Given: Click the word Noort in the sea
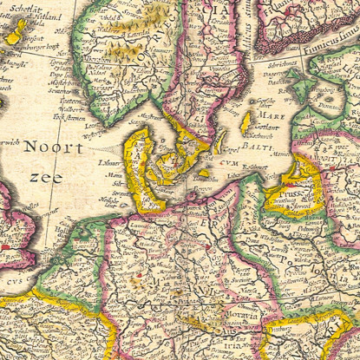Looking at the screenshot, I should pyautogui.click(x=53, y=147).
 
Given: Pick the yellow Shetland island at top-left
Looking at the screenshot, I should pyautogui.click(x=16, y=33).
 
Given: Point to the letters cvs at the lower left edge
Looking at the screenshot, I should pyautogui.click(x=13, y=280).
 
